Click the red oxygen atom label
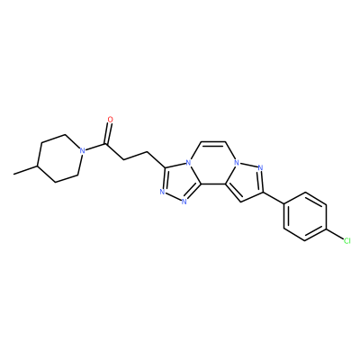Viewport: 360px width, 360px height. (x=111, y=120)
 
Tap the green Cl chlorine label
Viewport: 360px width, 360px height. (x=346, y=240)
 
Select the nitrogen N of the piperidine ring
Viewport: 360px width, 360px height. (x=81, y=150)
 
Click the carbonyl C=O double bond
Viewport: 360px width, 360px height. (x=107, y=133)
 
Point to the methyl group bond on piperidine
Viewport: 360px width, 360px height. (x=25, y=169)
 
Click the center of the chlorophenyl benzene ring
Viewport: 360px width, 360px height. (x=305, y=217)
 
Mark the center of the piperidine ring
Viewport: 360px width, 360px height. (x=59, y=158)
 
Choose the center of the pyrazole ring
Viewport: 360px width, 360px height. (x=245, y=181)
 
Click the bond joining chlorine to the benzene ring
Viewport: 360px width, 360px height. (x=335, y=235)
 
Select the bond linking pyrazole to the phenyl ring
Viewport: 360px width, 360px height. (x=274, y=198)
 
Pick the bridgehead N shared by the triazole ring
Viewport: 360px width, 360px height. (x=188, y=163)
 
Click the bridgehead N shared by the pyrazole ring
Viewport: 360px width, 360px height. (x=237, y=163)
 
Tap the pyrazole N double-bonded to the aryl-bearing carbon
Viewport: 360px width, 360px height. (x=260, y=167)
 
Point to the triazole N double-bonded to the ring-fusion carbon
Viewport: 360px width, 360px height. (x=184, y=201)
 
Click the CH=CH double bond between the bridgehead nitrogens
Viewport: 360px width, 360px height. (x=212, y=142)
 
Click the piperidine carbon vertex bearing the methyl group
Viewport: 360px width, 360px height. (x=37, y=166)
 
